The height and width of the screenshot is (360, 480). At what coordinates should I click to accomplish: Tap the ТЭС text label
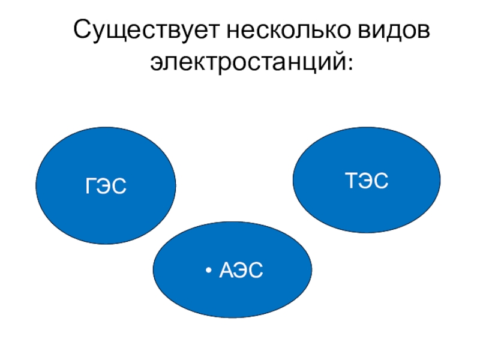tap(367, 180)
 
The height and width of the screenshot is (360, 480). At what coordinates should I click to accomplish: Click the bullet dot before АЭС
tap(208, 271)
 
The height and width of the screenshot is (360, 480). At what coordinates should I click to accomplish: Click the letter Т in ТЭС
tap(351, 180)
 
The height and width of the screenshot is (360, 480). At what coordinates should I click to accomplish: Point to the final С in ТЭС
tap(381, 180)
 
